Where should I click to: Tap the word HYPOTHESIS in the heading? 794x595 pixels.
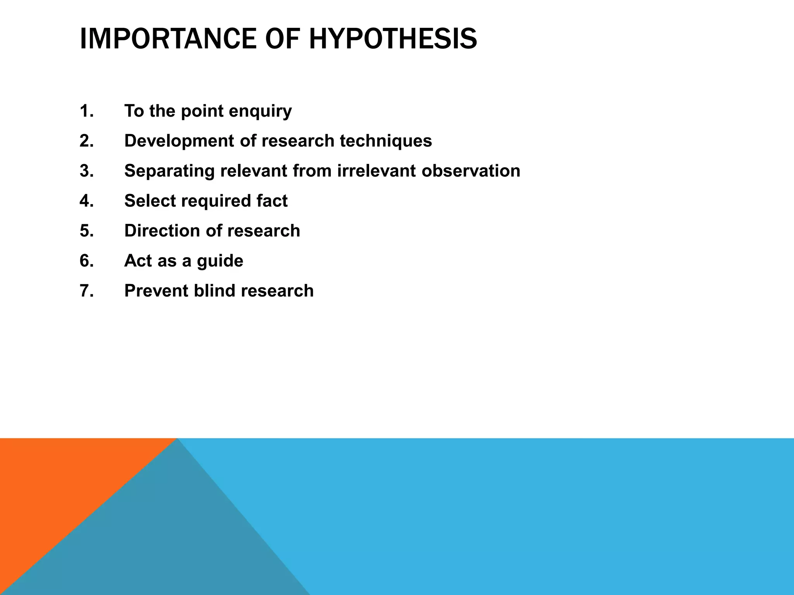[393, 39]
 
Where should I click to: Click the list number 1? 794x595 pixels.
[86, 111]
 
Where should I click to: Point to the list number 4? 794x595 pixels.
[86, 201]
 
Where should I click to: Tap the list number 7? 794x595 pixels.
[86, 291]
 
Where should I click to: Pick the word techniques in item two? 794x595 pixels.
[386, 141]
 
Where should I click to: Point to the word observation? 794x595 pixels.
[471, 171]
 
